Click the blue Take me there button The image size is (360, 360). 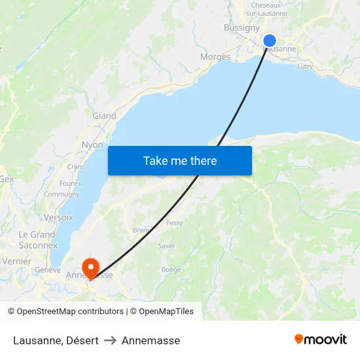tap(180, 160)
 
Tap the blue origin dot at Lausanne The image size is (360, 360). tap(269, 41)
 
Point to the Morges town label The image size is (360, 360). tap(215, 57)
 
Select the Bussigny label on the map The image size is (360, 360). tap(242, 27)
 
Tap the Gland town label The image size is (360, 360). tap(104, 116)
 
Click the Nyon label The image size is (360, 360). tap(92, 145)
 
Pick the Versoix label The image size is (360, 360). tap(58, 217)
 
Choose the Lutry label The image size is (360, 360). tap(305, 66)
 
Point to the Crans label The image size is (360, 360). tap(76, 167)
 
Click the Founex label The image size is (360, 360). tap(70, 184)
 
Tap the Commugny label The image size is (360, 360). tap(62, 194)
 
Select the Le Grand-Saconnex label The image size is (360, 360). tap(38, 240)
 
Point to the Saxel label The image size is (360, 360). tap(166, 246)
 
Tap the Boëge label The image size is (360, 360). tap(171, 270)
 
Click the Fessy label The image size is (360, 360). tap(175, 223)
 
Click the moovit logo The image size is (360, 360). tap(321, 340)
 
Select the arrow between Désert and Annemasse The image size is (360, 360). tap(110, 340)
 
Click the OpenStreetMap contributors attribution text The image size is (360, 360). tap(70, 312)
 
